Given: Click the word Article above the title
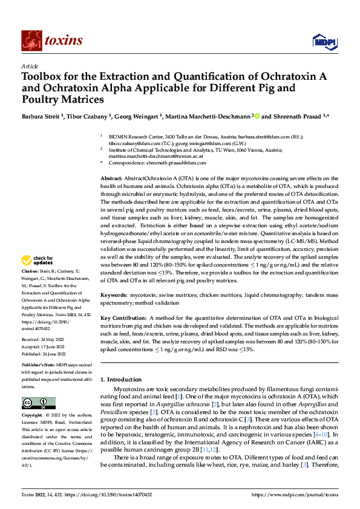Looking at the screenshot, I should point(30,66).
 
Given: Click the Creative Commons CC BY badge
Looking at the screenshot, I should point(38,403).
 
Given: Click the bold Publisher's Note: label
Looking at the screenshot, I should point(39,366).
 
